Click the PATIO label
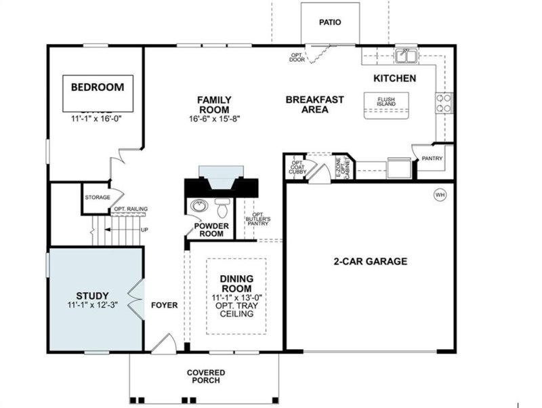330,22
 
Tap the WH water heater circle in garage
440,195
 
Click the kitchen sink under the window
407,55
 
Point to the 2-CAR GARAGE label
370,262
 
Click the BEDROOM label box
98,87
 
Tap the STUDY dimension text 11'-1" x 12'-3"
93,306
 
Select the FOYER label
164,306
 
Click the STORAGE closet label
97,197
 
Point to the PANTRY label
432,159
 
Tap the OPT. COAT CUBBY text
297,167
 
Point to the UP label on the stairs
144,230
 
